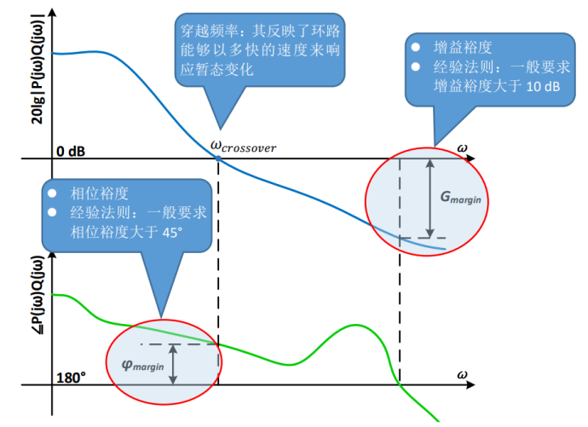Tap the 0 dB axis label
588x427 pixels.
(72, 150)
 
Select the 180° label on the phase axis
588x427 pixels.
(72, 376)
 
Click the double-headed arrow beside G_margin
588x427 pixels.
(430, 198)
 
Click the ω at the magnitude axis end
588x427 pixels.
(462, 147)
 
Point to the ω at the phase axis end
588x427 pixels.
(462, 374)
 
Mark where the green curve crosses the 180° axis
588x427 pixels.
(400, 385)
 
